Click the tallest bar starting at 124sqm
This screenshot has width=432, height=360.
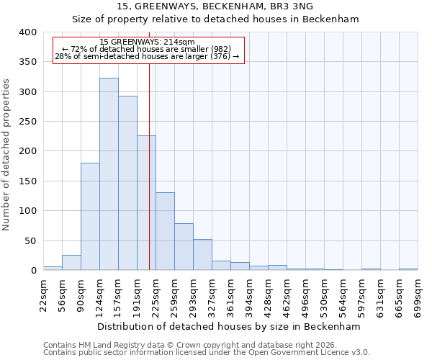pos(109,174)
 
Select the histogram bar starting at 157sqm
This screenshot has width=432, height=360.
pos(127,183)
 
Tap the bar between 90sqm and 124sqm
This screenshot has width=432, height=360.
pos(90,217)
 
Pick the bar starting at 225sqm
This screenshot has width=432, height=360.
pos(165,231)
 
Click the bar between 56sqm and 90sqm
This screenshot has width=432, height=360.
pos(71,263)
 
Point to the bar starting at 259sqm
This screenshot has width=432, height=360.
pos(184,247)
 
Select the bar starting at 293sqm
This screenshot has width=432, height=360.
pos(202,255)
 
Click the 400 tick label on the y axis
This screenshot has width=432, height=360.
pos(27,32)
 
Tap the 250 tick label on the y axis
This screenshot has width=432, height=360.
pos(27,122)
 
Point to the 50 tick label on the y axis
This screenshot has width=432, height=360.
pos(30,241)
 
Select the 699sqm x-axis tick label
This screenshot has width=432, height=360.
pos(418,296)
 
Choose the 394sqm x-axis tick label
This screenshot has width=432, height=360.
pos(250,296)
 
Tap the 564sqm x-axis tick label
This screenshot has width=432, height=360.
pos(343,296)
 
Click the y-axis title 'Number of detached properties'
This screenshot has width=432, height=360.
pos(7,151)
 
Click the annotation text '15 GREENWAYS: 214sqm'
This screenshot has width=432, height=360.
pos(147,42)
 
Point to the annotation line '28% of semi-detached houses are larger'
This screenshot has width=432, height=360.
pos(147,56)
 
